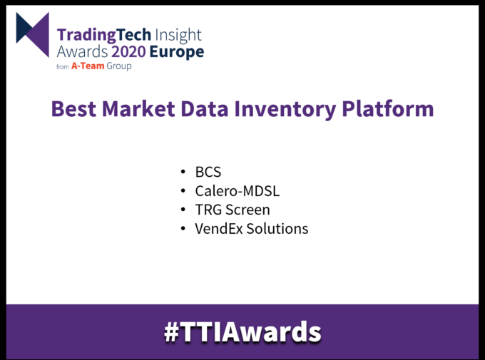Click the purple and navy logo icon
point(33,35)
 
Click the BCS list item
point(208,173)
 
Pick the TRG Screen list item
point(233,210)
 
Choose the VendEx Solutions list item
point(251,229)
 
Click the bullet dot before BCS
point(184,173)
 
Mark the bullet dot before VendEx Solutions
point(184,230)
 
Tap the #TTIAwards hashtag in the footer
point(242,331)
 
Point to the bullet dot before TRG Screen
point(184,211)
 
